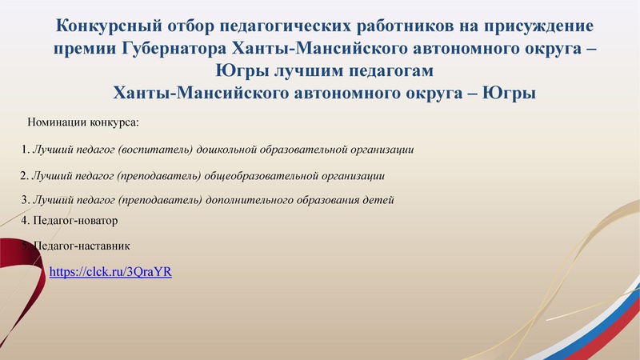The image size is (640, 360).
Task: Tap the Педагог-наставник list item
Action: tap(80, 246)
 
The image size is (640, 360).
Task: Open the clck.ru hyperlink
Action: tap(110, 272)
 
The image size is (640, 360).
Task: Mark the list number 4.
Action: tap(24, 220)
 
